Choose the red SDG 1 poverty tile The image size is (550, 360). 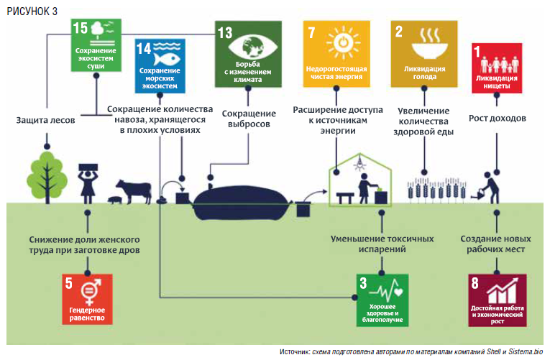click(496, 68)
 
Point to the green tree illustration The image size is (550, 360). click(48, 175)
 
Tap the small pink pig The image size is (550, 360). click(114, 200)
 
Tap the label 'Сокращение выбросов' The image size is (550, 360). click(249, 119)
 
